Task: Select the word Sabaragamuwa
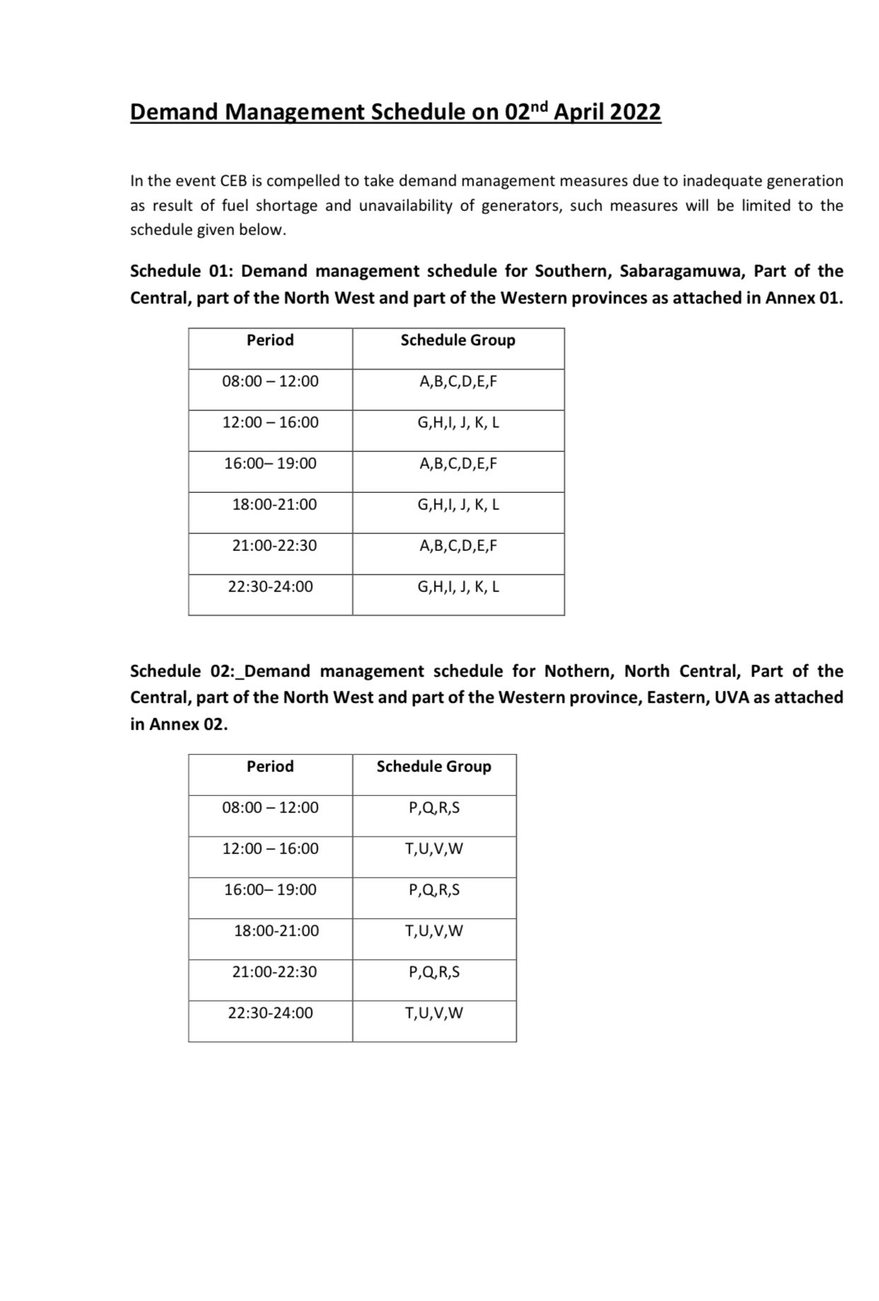680,271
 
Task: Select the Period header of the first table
270,341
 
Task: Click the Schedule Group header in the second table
434,767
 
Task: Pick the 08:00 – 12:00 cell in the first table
270,382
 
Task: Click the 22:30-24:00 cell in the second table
270,1013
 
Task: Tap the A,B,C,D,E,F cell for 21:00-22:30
458,546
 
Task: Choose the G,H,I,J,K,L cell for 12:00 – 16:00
458,423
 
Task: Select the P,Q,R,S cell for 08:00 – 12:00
434,808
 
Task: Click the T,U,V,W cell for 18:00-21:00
434,931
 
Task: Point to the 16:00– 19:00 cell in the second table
270,890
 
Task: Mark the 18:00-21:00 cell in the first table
275,505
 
